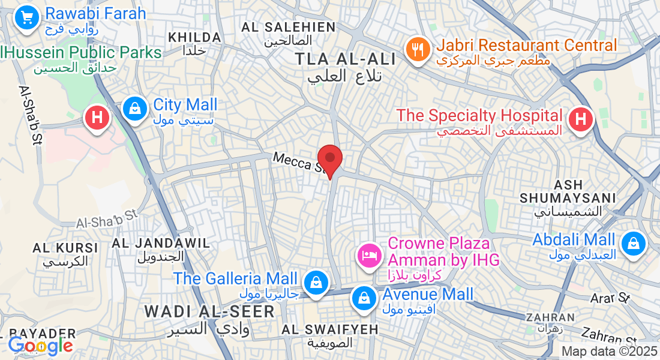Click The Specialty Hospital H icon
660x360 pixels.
[580, 119]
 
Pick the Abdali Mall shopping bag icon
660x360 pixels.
[633, 244]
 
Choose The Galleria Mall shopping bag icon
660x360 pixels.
[314, 282]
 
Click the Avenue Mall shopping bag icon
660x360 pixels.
[364, 297]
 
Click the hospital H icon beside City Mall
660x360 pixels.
[96, 117]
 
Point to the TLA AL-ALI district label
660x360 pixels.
[346, 59]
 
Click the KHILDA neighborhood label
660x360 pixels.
[194, 37]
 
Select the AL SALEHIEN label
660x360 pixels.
[288, 27]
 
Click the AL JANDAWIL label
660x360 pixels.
[161, 243]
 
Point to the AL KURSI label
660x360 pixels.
[65, 248]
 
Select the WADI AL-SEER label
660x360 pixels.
[209, 311]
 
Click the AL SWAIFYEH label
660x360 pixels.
[329, 329]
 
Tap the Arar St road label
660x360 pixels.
[609, 297]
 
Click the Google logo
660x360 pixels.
[40, 346]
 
